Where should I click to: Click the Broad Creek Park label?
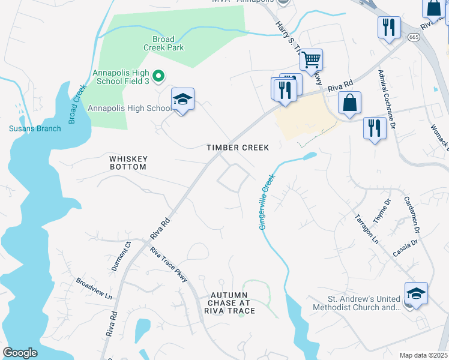click(163, 43)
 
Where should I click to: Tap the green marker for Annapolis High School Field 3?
click(158, 76)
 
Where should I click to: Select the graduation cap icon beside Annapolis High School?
click(182, 100)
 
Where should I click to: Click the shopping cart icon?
click(311, 59)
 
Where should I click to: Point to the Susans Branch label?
click(35, 128)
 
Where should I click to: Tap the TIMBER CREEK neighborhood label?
click(238, 148)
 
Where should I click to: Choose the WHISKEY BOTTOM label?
click(128, 163)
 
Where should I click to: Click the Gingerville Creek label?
click(265, 201)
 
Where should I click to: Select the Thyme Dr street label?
click(382, 211)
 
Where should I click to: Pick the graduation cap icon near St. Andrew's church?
click(416, 293)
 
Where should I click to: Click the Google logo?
click(20, 353)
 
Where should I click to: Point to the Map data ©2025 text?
click(423, 355)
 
